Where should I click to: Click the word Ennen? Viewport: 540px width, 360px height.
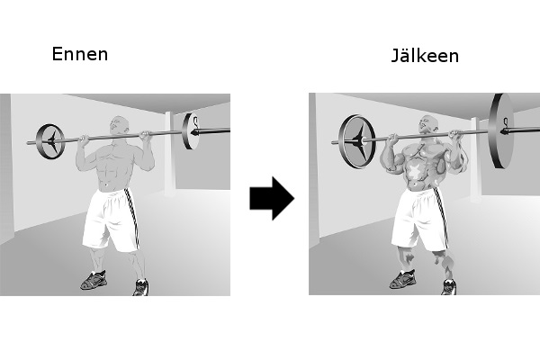pyautogui.click(x=80, y=54)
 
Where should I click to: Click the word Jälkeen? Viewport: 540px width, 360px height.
pyautogui.click(x=425, y=56)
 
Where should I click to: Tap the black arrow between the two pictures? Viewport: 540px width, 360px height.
pyautogui.click(x=272, y=198)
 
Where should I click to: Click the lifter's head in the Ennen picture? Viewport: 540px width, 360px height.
pyautogui.click(x=119, y=125)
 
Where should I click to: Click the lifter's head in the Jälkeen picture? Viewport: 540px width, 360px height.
pyautogui.click(x=428, y=124)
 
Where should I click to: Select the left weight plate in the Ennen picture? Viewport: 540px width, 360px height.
pyautogui.click(x=50, y=141)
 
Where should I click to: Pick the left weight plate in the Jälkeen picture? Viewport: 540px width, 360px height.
pyautogui.click(x=356, y=141)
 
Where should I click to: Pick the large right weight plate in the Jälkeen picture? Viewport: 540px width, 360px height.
pyautogui.click(x=501, y=130)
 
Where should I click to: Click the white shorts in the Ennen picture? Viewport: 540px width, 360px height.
pyautogui.click(x=111, y=220)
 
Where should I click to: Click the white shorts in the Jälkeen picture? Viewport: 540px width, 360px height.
pyautogui.click(x=420, y=219)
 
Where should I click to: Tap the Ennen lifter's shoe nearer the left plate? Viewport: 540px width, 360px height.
pyautogui.click(x=94, y=280)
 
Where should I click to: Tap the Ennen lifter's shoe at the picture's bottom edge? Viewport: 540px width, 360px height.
pyautogui.click(x=141, y=287)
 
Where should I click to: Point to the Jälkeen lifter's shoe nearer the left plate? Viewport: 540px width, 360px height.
pyautogui.click(x=402, y=279)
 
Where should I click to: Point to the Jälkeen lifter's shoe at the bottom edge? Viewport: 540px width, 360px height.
pyautogui.click(x=449, y=286)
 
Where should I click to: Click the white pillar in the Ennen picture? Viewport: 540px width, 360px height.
pyautogui.click(x=170, y=154)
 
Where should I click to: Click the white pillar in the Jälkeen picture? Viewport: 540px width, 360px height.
pyautogui.click(x=475, y=159)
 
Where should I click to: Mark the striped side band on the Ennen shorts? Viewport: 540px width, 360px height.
pyautogui.click(x=132, y=218)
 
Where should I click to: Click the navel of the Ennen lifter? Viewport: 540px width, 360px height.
pyautogui.click(x=105, y=184)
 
